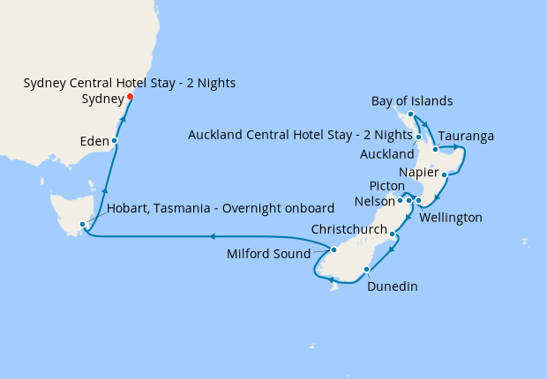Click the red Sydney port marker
(130, 96)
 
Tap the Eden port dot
(115, 141)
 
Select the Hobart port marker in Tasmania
(82, 224)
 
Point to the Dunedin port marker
(367, 270)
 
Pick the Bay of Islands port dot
(411, 114)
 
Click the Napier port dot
(444, 175)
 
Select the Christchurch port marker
(393, 234)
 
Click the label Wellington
(451, 217)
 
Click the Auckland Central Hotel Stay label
(299, 135)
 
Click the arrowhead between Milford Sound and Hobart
(213, 236)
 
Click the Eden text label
(92, 141)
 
